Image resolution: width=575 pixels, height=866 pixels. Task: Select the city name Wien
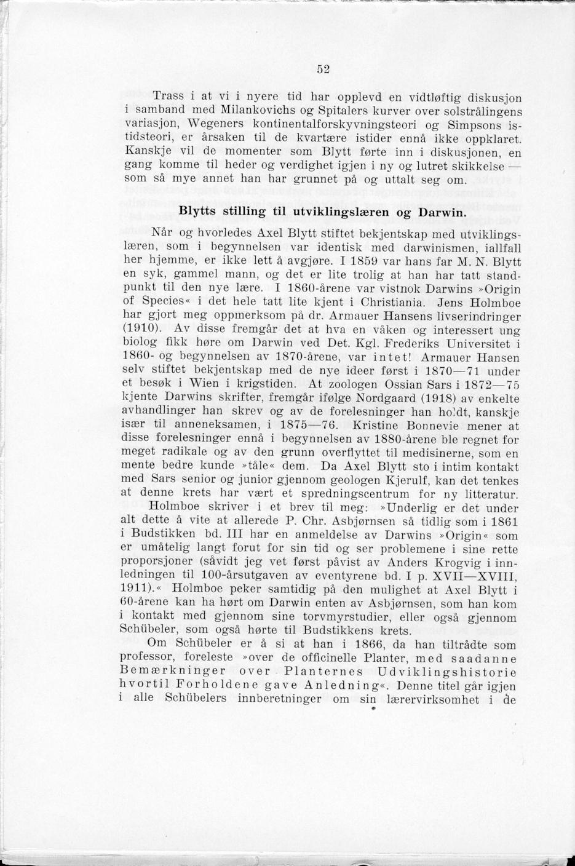(195, 386)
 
